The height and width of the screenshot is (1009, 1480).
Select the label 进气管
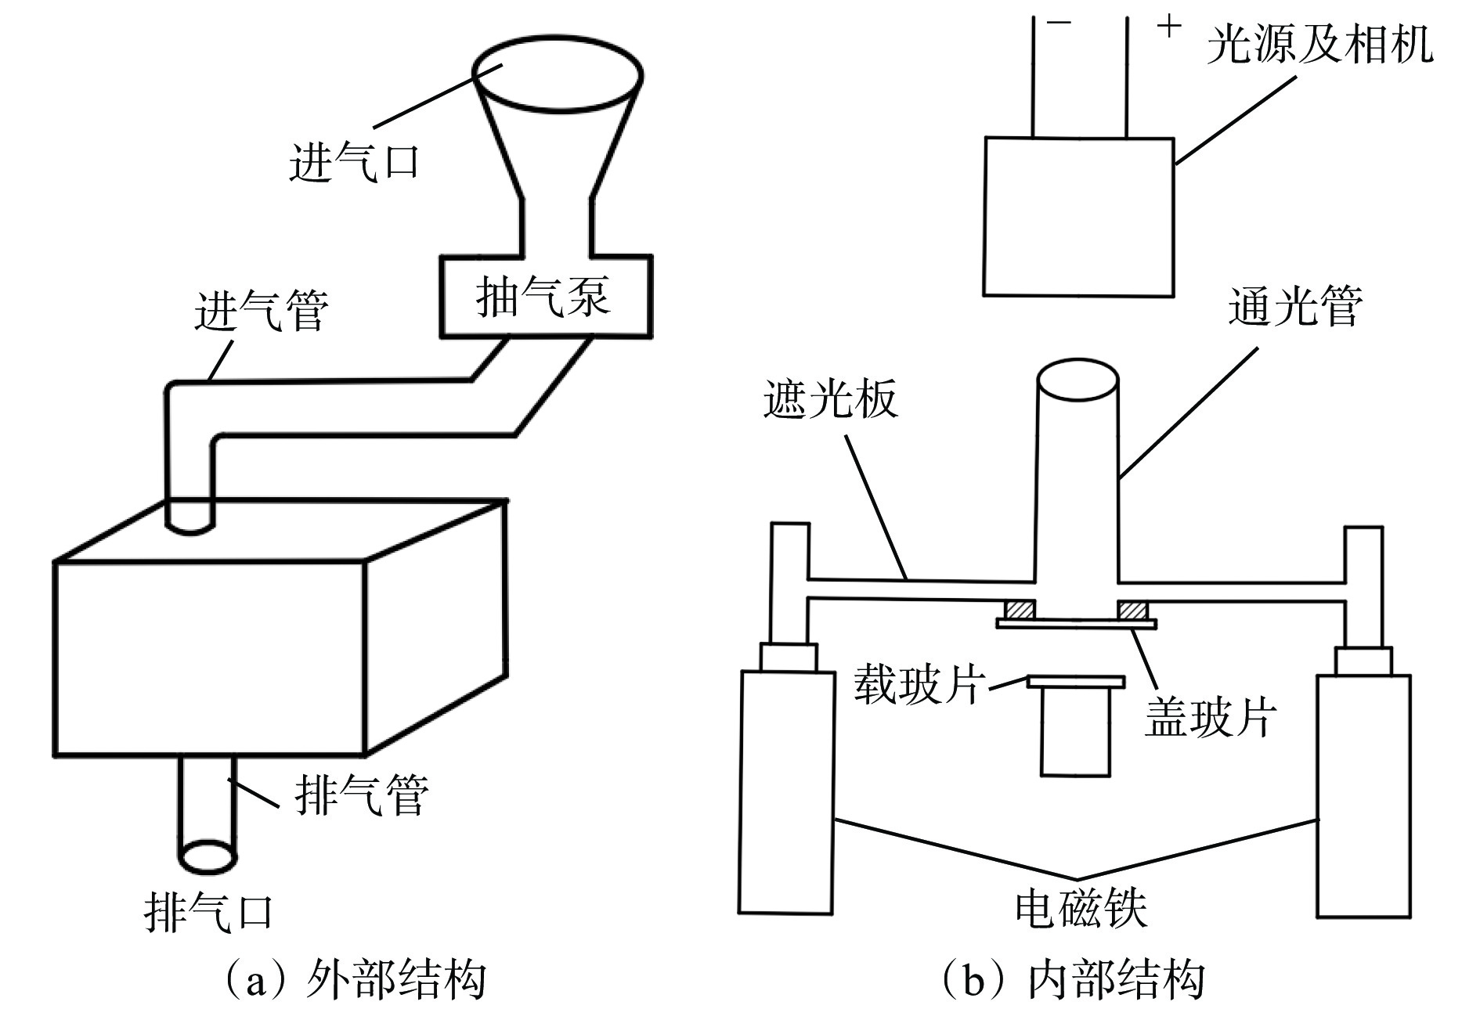(262, 311)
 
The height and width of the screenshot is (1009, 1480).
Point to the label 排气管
(362, 795)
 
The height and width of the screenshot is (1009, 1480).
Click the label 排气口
(209, 912)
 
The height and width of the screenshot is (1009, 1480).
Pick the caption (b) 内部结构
(1072, 978)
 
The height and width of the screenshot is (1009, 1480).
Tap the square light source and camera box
(1079, 217)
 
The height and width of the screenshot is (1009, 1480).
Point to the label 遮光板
(831, 402)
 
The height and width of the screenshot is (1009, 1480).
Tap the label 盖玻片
(1211, 716)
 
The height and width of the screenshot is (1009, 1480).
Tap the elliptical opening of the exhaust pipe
(208, 856)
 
